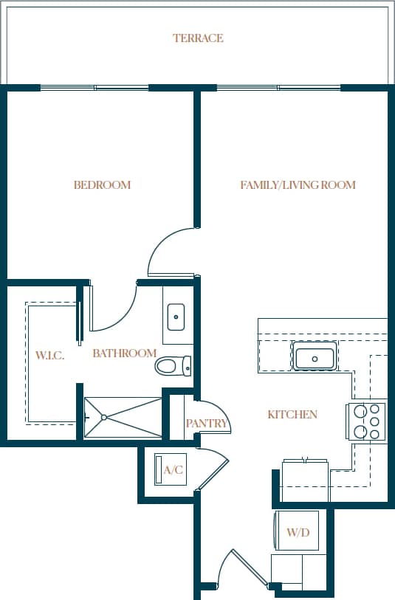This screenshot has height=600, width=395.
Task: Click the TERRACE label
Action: [198, 38]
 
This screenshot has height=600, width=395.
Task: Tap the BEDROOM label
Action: [102, 185]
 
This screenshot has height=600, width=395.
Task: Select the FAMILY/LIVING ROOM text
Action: [298, 185]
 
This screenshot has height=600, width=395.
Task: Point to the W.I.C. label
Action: [50, 356]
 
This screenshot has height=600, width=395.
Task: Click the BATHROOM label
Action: [124, 354]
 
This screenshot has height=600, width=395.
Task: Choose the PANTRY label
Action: [206, 424]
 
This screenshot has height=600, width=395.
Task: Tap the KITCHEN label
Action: [292, 415]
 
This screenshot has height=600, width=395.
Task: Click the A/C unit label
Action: [173, 470]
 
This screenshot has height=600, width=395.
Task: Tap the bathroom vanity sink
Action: [177, 317]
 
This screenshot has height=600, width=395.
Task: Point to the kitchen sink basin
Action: [315, 358]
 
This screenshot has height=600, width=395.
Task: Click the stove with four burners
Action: [367, 421]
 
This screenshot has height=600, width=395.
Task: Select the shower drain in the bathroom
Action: [103, 417]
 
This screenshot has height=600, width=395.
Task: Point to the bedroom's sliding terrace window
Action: [95, 88]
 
